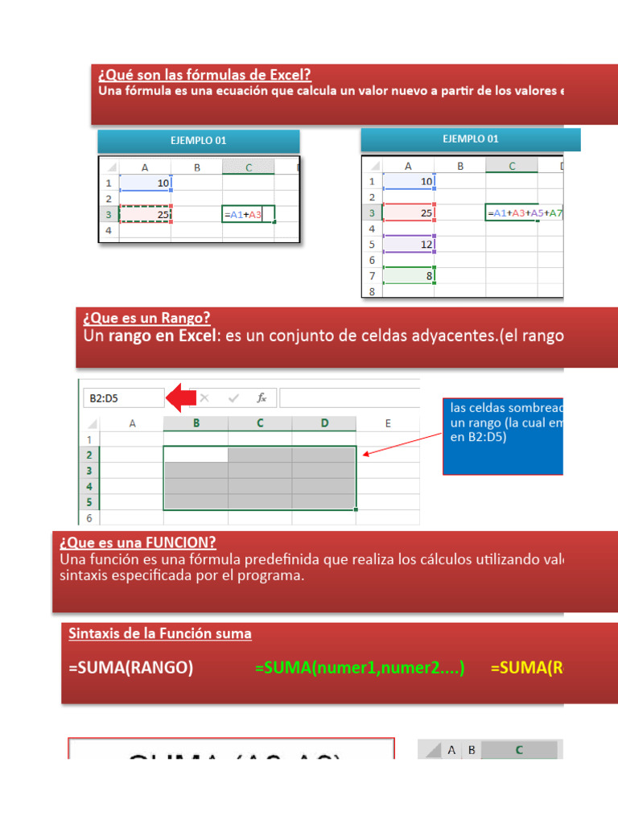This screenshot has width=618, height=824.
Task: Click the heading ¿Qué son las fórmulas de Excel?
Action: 204,76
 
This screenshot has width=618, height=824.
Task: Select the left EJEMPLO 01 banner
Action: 198,141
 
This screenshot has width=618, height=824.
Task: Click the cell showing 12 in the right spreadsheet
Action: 408,244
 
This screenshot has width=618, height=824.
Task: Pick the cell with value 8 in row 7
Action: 408,276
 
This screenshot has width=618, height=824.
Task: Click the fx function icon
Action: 262,398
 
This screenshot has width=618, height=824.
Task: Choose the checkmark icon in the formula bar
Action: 233,398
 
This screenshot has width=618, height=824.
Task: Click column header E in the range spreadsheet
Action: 387,423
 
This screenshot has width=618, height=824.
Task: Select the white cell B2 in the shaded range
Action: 196,455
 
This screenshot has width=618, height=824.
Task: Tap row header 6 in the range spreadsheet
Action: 89,518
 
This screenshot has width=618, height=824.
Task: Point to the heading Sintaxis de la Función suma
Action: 160,634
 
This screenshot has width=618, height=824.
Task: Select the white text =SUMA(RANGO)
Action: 130,669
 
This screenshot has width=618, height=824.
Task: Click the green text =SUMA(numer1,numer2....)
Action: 359,669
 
